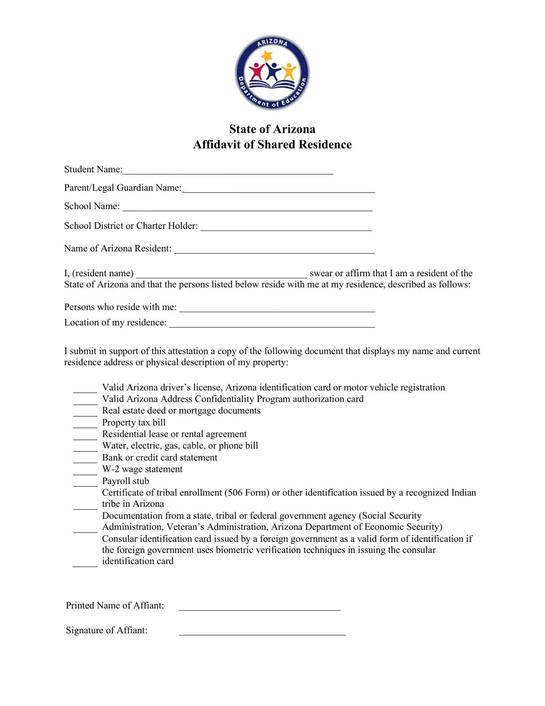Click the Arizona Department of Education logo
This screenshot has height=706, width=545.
click(272, 73)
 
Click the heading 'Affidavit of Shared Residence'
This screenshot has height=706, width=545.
click(272, 145)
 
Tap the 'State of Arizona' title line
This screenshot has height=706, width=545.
click(272, 129)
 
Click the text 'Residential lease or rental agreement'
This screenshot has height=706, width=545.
click(174, 434)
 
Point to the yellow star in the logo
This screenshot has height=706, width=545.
click(266, 56)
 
